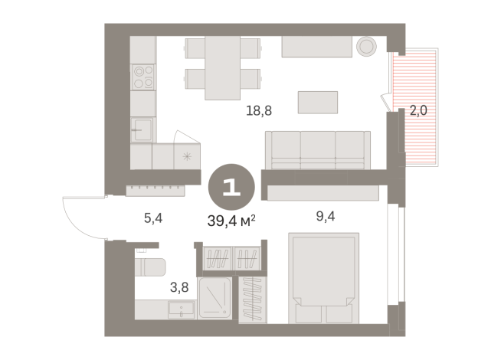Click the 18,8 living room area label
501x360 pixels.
[259, 110]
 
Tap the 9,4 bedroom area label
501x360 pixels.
[326, 215]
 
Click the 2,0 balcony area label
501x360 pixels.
[418, 110]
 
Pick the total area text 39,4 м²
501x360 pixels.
[230, 221]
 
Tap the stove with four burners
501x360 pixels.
[143, 76]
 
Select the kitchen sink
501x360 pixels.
[142, 129]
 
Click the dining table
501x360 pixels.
[223, 67]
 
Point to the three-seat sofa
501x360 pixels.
[317, 149]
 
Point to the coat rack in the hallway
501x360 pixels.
[156, 188]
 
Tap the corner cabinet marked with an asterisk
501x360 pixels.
[186, 156]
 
